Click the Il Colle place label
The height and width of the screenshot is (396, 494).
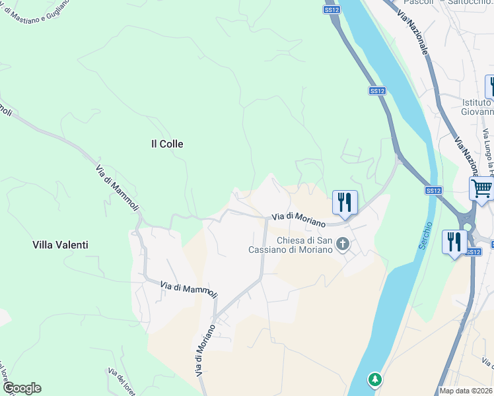167,143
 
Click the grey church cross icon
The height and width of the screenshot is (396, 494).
342,245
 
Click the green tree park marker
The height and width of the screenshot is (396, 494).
375,379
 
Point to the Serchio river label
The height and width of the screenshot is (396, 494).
427,235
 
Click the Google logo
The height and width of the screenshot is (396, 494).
22,388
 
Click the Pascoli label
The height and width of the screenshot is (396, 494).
417,3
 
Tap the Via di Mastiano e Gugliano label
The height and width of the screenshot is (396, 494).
33,10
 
